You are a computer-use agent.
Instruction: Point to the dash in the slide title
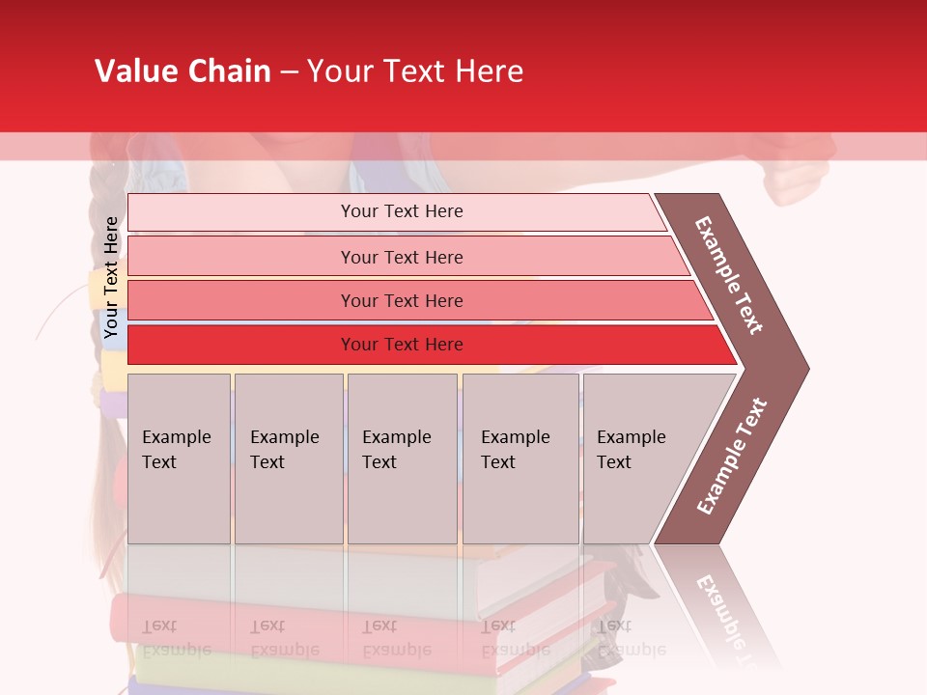tap(289, 72)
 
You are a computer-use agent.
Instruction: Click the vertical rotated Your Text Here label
tap(112, 277)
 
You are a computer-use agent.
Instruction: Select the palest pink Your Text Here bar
tap(401, 211)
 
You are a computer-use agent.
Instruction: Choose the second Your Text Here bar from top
tap(401, 257)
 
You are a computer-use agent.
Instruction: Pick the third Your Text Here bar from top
tap(401, 300)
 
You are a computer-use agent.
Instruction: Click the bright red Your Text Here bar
tap(401, 345)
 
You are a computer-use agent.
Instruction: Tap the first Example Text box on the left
tap(179, 458)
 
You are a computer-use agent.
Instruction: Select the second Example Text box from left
tap(288, 458)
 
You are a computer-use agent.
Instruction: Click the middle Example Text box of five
tap(402, 458)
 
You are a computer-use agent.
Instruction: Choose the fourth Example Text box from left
tap(520, 458)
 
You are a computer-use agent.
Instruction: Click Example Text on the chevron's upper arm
tap(730, 275)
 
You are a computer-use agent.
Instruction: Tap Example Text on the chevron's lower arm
tap(732, 456)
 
